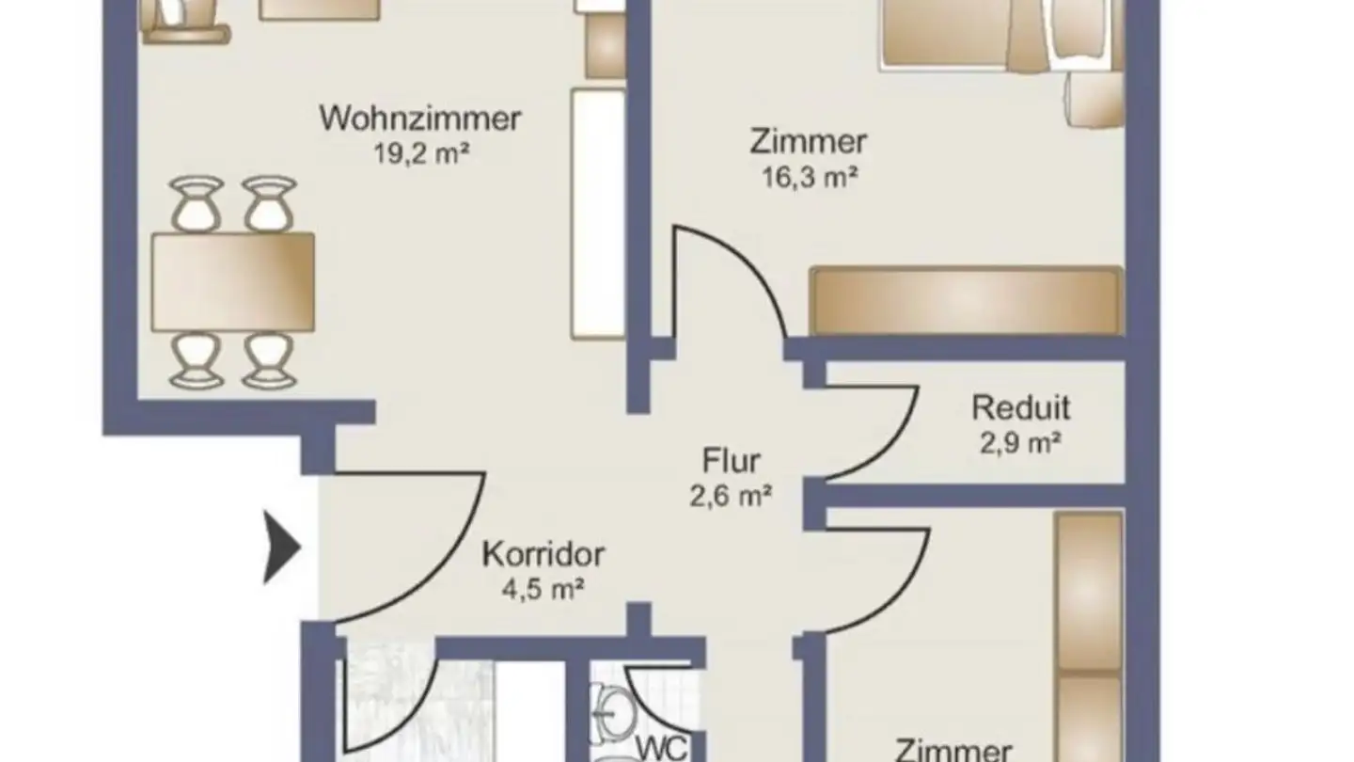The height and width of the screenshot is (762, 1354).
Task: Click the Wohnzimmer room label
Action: click(x=420, y=119)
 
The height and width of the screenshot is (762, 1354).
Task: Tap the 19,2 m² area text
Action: click(x=420, y=153)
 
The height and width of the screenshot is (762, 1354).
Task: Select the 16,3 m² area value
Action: click(x=809, y=176)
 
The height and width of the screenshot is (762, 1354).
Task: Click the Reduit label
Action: click(x=1020, y=408)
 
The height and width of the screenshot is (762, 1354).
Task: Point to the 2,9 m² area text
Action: click(x=1020, y=442)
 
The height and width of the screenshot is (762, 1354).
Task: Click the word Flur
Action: click(x=731, y=461)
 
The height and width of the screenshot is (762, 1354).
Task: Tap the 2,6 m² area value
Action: click(x=731, y=495)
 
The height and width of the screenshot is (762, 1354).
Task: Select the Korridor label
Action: click(x=543, y=554)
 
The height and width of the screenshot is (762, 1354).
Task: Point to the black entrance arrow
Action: click(x=282, y=546)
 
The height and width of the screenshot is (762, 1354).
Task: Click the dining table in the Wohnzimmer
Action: click(x=232, y=282)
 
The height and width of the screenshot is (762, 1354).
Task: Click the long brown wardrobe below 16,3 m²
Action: click(x=966, y=301)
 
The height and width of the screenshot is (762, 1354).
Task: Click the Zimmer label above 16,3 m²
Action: click(x=808, y=142)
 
